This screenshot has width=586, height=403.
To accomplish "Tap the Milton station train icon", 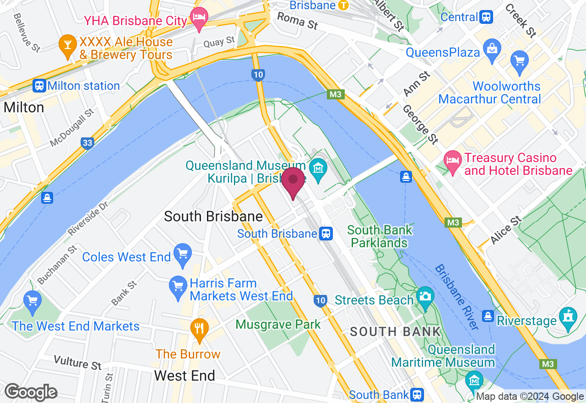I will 39,86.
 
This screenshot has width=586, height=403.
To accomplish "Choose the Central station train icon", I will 486,17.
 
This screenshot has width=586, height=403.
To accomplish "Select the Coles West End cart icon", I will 182,254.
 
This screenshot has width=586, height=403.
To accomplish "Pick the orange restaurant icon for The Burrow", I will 199,329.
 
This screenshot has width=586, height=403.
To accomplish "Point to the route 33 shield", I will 87,143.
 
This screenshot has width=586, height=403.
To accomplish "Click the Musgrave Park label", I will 278,325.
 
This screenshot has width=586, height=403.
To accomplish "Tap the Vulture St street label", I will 77,362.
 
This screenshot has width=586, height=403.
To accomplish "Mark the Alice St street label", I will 506,230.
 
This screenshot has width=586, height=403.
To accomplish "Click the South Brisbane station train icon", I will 326,234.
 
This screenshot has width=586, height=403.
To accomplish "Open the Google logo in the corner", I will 31,392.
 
